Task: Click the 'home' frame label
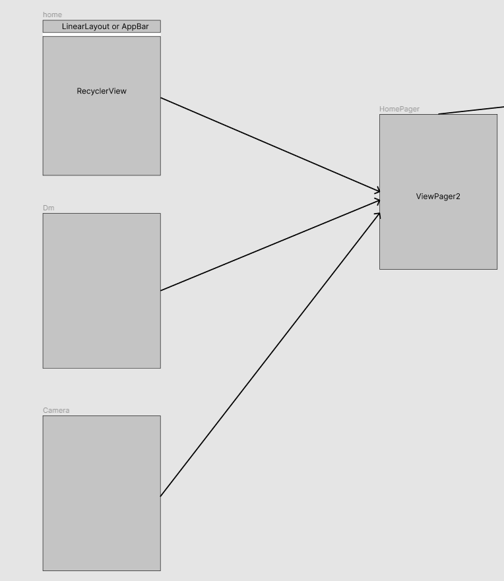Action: tap(52, 15)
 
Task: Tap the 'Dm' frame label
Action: tap(48, 208)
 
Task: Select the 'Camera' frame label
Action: tap(56, 410)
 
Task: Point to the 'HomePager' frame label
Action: tap(399, 109)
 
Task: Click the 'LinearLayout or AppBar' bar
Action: tap(102, 26)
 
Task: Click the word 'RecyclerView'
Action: tap(102, 91)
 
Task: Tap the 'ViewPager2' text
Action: tap(438, 196)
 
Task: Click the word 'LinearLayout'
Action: tap(86, 26)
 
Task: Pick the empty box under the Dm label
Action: tap(102, 290)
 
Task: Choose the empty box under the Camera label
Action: tap(102, 493)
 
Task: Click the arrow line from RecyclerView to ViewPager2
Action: tap(270, 145)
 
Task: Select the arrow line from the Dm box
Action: tap(270, 245)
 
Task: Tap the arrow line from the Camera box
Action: tap(270, 354)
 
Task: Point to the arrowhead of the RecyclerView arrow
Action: tap(378, 191)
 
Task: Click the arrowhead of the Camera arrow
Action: tap(378, 215)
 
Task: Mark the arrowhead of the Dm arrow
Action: tap(378, 200)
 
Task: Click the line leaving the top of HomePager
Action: tap(472, 109)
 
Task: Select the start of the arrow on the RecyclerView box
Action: tap(162, 98)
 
